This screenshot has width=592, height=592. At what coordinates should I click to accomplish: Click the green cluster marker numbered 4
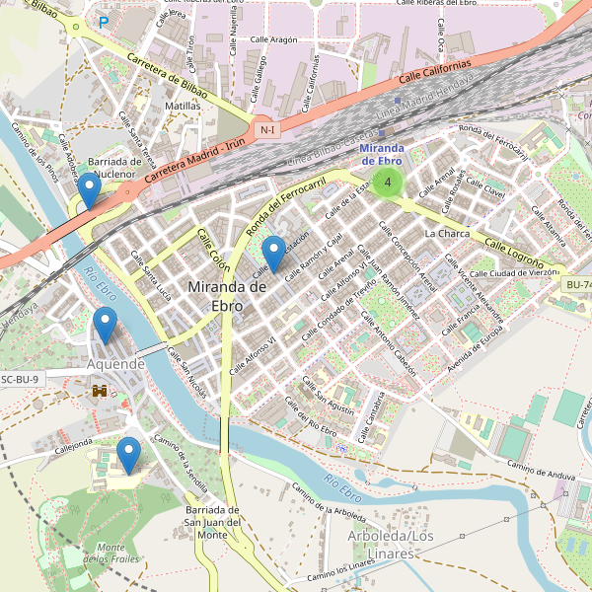point(389,182)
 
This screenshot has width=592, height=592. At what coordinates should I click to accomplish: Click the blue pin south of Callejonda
point(127,454)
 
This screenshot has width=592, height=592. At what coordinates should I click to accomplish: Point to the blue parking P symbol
point(104,21)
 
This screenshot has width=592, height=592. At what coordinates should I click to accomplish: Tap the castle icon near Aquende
point(100,391)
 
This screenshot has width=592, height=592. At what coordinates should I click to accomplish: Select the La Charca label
point(447,234)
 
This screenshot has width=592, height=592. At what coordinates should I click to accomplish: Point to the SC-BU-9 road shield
point(20,379)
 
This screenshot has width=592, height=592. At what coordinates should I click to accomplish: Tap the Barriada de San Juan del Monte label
point(213,521)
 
